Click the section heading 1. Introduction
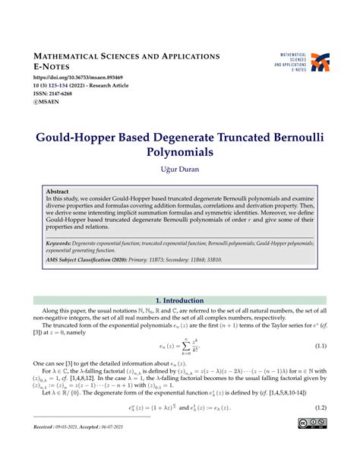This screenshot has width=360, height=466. (x=179, y=300)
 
